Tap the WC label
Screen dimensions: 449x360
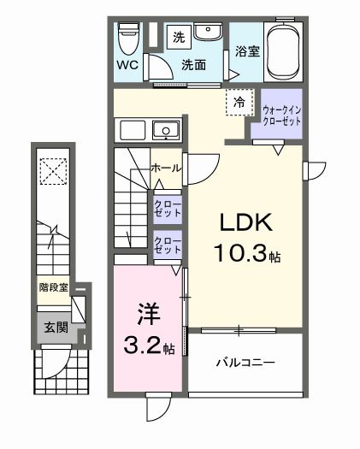127,65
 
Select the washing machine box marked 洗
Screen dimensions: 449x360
179,37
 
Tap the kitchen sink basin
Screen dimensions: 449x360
164,130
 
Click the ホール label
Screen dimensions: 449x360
165,168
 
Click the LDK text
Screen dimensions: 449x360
246,223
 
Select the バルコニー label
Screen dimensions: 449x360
244,363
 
